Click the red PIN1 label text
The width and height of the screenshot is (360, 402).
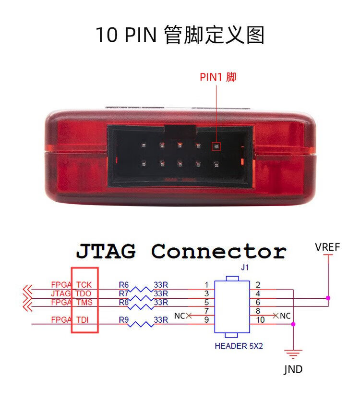(x=218, y=77)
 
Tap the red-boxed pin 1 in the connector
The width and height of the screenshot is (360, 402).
(x=216, y=146)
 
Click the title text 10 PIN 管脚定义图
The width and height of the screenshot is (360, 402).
(x=180, y=35)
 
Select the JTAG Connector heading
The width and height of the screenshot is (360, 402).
(x=181, y=251)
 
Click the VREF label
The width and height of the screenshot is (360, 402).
(x=327, y=247)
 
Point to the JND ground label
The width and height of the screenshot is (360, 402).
(x=293, y=370)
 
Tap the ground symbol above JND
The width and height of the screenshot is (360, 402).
(x=293, y=355)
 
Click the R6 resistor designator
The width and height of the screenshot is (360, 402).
(x=123, y=284)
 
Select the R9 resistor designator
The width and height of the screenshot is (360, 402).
(x=123, y=319)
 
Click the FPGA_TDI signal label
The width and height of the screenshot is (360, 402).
(x=72, y=319)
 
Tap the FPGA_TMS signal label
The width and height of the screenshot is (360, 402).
(x=72, y=302)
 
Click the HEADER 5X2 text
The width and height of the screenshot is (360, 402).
(x=239, y=346)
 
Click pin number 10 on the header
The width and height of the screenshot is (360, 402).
(x=261, y=320)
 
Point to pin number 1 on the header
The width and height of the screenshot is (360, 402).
(x=206, y=285)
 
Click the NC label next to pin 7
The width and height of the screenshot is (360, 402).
(x=179, y=316)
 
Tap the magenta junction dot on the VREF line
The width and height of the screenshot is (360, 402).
(x=328, y=298)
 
